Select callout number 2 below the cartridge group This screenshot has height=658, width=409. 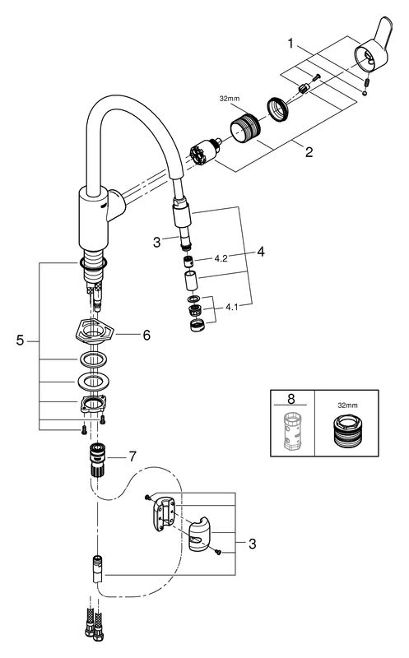309,152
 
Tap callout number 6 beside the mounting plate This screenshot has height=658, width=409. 146,335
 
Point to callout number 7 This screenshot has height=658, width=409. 132,456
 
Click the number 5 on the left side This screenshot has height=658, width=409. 20,341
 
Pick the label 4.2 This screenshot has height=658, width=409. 221,258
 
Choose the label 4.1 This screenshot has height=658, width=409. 232,307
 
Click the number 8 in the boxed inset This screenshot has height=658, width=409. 291,398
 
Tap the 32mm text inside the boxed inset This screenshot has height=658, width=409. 348,405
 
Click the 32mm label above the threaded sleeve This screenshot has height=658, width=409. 230,99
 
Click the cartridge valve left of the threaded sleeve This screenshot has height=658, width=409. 205,151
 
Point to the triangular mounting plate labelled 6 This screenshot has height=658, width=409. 93,333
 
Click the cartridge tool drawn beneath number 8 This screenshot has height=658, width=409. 292,431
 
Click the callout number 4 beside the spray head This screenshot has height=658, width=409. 261,252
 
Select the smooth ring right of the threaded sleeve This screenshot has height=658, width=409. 277,109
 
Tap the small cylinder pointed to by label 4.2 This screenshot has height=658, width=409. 188,262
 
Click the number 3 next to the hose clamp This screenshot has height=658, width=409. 252,544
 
